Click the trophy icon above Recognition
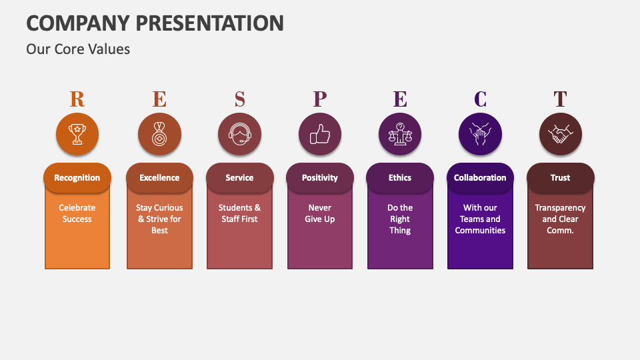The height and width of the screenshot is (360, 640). pos(77,135)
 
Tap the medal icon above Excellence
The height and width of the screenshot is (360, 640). pos(159,135)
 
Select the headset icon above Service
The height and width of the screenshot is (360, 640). pos(239,135)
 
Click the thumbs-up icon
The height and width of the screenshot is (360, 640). pos(320,135)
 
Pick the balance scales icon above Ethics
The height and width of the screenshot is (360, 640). pos(400,135)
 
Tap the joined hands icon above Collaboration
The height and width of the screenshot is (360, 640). pos(480,135)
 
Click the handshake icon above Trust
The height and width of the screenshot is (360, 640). pos(560,135)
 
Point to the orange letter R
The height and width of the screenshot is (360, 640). pos(77,99)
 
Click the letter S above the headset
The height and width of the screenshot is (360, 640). pos(239,99)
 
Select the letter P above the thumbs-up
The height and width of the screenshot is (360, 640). pos(320,99)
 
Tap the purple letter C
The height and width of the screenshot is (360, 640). pos(480,99)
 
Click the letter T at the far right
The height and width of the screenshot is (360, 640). pos(560,99)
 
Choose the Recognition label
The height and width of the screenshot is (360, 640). pos(77,178)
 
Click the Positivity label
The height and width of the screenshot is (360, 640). pos(320,178)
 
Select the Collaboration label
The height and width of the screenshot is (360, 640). pos(480,178)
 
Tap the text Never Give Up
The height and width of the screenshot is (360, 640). pos(320,213)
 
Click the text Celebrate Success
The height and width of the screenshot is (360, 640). pos(77,213)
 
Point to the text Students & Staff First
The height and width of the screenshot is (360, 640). pos(239,213)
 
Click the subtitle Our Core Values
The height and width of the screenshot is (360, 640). pos(78,49)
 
